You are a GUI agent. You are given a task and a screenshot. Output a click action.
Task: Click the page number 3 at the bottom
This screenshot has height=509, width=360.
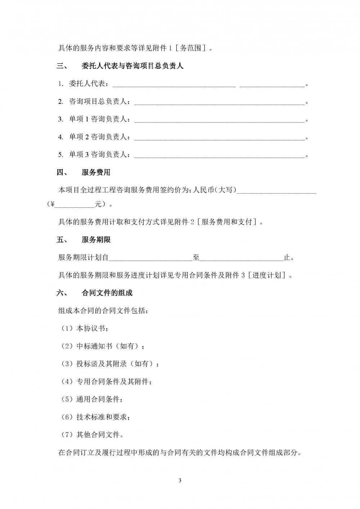[180, 481]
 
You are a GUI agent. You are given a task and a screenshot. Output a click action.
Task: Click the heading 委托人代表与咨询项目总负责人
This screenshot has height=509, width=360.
[132, 66]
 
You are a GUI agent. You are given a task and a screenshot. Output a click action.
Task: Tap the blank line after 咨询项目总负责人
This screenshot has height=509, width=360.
[219, 103]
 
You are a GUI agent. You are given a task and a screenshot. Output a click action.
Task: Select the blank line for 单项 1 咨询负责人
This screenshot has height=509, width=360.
[219, 120]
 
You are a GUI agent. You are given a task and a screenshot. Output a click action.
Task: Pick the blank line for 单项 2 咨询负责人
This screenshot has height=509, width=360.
[219, 138]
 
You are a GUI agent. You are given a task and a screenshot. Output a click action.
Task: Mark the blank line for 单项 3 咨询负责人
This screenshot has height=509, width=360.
[219, 156]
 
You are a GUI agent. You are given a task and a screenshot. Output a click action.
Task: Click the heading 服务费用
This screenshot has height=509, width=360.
[96, 172]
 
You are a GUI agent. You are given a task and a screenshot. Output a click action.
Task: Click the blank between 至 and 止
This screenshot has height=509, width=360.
[242, 259]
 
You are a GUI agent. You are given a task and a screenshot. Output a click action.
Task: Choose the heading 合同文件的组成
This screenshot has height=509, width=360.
[107, 293]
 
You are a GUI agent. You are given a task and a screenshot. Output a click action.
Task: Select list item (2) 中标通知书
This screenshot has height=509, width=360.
[103, 346]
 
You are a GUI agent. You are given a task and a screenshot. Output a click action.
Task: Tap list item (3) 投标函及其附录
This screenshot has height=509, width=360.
[110, 364]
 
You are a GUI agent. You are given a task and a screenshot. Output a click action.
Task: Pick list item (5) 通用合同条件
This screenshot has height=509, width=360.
[92, 399]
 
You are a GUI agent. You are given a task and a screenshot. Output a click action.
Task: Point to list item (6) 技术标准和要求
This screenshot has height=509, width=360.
[96, 417]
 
